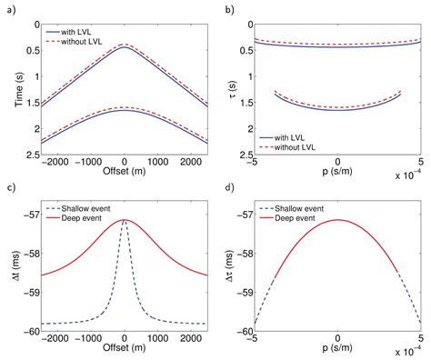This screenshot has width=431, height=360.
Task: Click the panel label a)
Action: (x=10, y=8)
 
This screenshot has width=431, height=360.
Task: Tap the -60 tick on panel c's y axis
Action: (x=32, y=331)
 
